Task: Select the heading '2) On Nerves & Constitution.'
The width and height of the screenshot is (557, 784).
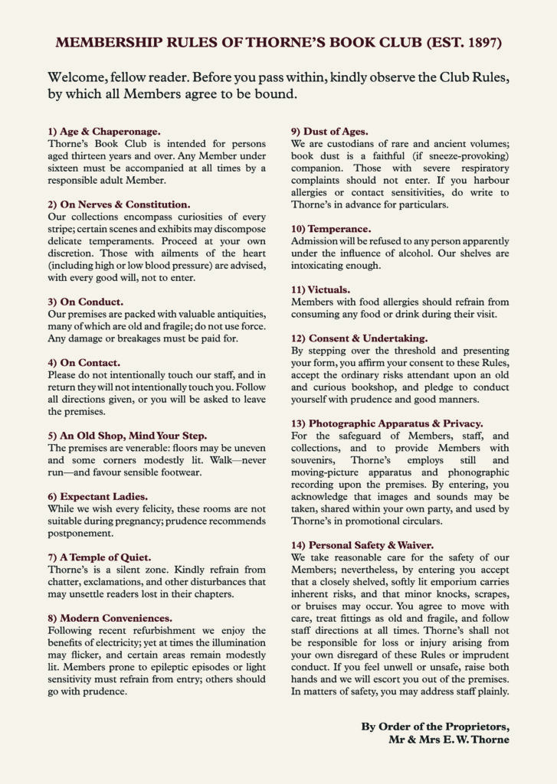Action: (119, 204)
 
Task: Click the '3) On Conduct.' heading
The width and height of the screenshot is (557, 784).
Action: (85, 302)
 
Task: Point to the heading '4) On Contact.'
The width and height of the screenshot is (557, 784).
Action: (84, 362)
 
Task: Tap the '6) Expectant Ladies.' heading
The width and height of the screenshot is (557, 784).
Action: (98, 496)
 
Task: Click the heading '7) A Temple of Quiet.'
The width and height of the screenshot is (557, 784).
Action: (100, 557)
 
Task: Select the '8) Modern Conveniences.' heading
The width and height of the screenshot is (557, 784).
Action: (110, 617)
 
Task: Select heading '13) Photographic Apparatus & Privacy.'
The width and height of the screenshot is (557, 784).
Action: (387, 423)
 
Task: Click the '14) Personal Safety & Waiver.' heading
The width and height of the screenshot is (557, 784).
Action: (362, 544)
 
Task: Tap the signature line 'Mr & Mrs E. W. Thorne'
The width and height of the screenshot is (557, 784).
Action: (448, 740)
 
